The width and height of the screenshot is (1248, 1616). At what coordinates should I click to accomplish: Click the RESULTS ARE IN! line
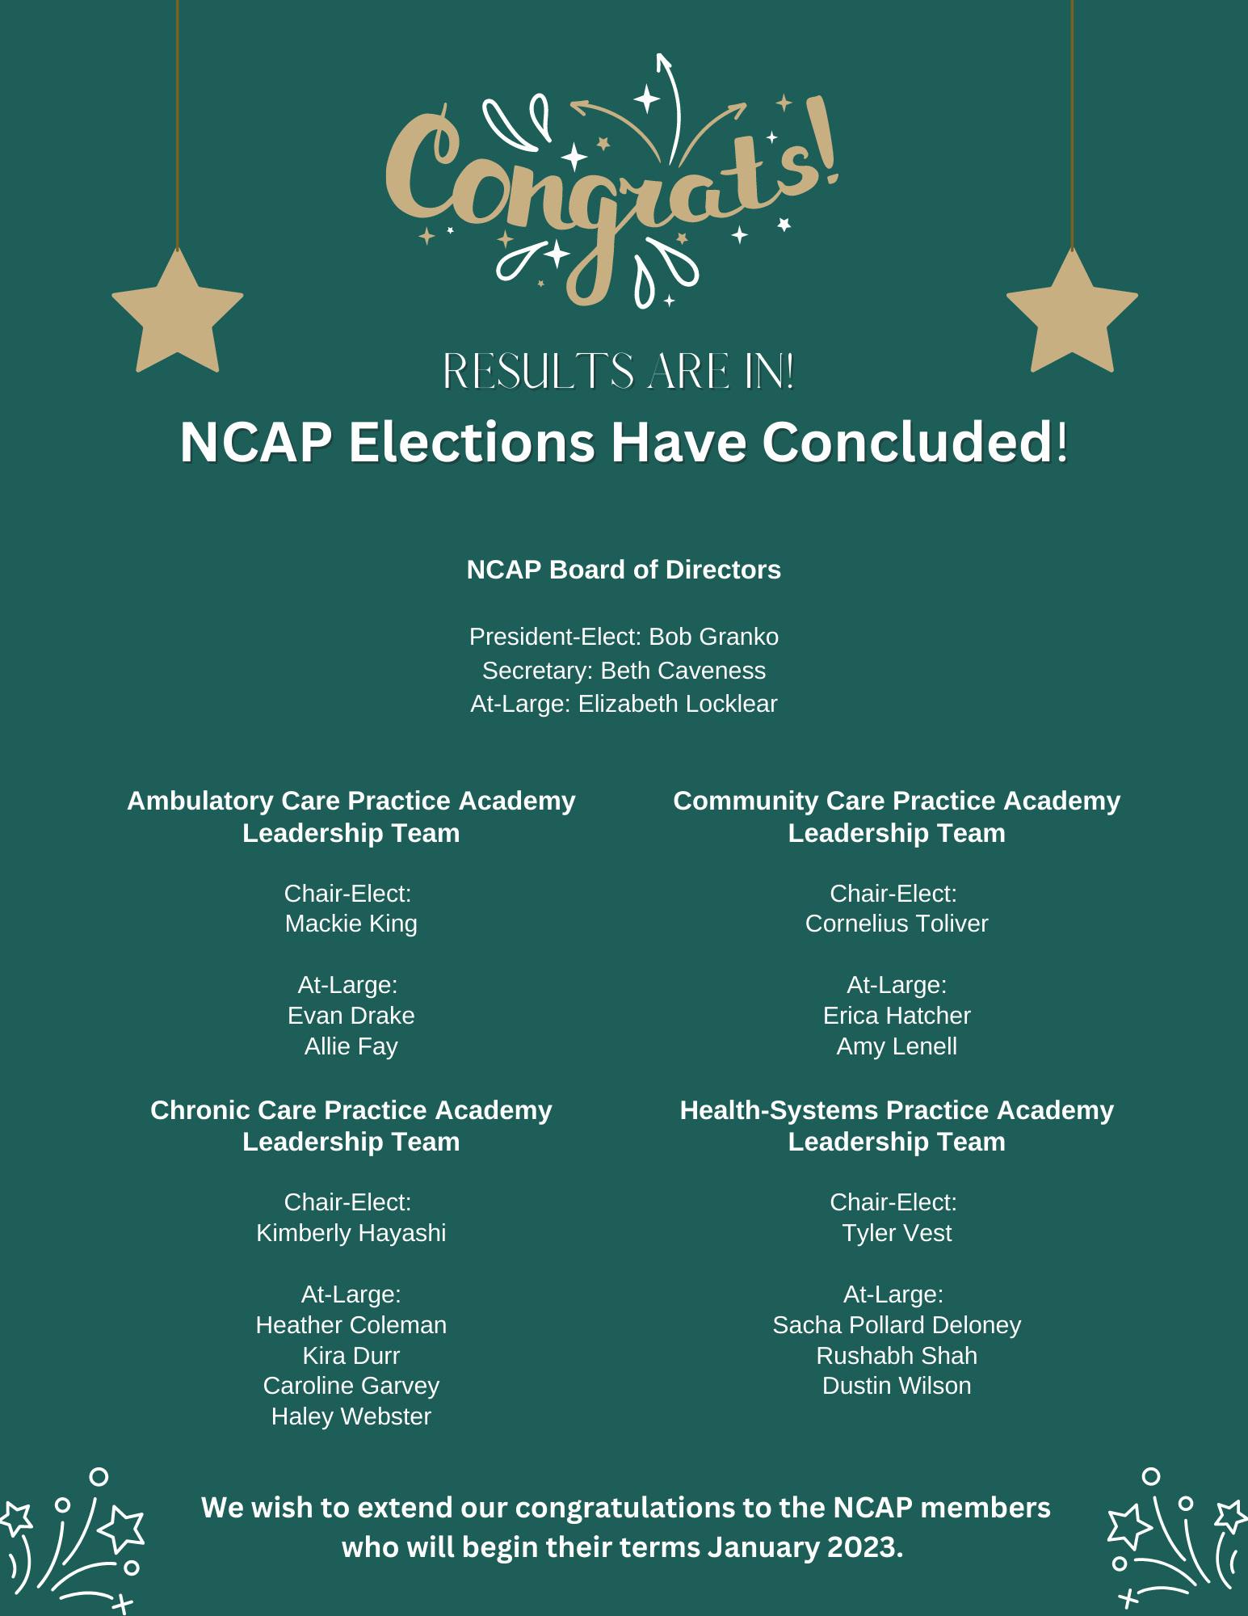click(x=620, y=372)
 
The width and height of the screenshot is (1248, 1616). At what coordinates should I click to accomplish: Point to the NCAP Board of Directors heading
click(x=624, y=570)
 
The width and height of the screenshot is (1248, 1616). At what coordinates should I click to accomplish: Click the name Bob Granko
click(x=713, y=637)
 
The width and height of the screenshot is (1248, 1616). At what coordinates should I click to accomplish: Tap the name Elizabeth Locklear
click(x=677, y=704)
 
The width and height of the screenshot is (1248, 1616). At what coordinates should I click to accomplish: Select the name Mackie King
click(x=351, y=924)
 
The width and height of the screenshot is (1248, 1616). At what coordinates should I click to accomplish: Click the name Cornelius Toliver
click(x=897, y=924)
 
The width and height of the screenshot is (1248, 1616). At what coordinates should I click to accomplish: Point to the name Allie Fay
click(x=351, y=1046)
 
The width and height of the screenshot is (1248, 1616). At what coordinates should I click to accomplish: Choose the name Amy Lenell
click(x=897, y=1046)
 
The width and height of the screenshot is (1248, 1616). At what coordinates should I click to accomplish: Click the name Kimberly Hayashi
click(x=351, y=1233)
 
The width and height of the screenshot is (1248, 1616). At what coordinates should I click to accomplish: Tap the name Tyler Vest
click(x=897, y=1233)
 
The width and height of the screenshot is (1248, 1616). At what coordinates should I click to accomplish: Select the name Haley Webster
click(x=351, y=1416)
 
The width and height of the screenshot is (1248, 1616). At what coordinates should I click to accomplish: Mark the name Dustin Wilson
click(x=897, y=1386)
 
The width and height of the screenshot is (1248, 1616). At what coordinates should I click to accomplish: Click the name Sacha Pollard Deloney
click(x=897, y=1325)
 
